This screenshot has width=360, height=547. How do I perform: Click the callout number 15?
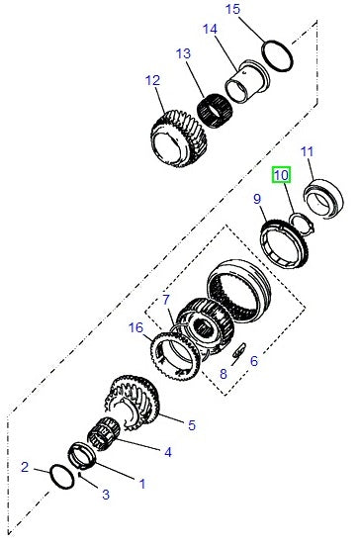click(x=232, y=10)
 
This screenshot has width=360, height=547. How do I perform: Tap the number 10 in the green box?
click(x=282, y=175)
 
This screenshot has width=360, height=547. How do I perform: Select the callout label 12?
click(x=151, y=80)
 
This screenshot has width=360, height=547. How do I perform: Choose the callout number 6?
click(x=253, y=361)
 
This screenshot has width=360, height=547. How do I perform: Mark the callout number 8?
click(x=223, y=374)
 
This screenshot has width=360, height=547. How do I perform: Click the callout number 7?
click(x=167, y=299)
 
